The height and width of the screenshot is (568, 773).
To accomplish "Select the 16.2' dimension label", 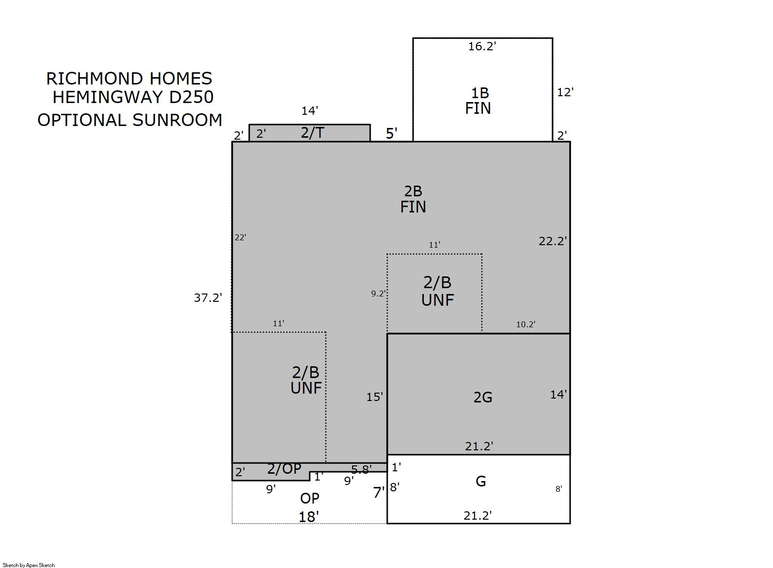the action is click(x=482, y=46).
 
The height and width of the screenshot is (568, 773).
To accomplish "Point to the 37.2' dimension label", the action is click(x=208, y=297).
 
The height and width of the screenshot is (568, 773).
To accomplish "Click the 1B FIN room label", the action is click(x=478, y=101).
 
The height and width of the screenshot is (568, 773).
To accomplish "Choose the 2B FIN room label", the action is click(x=413, y=199).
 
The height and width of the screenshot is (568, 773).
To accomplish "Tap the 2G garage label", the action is click(x=483, y=398).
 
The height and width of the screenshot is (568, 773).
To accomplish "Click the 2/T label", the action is click(x=312, y=132).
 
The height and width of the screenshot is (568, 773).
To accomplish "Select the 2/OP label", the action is click(x=284, y=469).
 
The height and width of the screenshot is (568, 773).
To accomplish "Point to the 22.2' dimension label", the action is click(x=553, y=241).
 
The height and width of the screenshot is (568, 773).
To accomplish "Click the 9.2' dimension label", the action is click(x=378, y=294).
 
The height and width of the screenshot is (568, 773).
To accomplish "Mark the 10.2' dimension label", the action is click(x=526, y=324).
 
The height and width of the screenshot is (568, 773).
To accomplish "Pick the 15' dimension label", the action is click(x=375, y=397).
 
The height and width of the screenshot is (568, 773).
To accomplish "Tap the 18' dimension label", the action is click(x=309, y=517).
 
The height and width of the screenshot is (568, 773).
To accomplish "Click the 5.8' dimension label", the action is click(x=361, y=469).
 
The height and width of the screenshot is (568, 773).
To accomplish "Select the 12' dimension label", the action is click(x=565, y=92).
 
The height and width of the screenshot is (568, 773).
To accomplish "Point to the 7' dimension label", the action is click(x=379, y=492).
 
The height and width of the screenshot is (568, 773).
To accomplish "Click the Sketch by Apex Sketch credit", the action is click(x=29, y=565).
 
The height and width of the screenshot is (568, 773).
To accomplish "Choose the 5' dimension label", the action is click(x=392, y=133).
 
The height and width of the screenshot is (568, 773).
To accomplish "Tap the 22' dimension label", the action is click(x=240, y=237).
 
